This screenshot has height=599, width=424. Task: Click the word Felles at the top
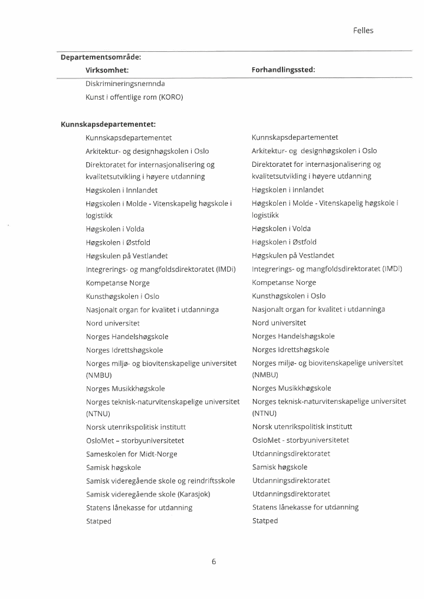click(363, 31)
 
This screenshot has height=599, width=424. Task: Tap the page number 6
click(213, 562)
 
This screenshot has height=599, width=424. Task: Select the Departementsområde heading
click(101, 57)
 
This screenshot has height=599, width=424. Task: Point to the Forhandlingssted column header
click(283, 70)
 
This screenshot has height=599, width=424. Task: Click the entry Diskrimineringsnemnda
click(125, 84)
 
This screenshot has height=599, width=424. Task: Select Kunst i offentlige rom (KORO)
click(134, 97)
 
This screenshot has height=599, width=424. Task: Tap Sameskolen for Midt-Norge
click(132, 454)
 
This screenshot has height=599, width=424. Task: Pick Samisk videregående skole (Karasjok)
click(148, 494)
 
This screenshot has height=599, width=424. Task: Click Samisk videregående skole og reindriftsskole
click(160, 480)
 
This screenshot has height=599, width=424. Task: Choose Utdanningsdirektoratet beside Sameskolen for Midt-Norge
click(291, 453)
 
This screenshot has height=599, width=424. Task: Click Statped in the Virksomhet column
click(98, 521)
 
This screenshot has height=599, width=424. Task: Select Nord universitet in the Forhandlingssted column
click(279, 323)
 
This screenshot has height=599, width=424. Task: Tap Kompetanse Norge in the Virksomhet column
click(117, 283)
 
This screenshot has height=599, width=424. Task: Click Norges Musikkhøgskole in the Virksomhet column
click(125, 389)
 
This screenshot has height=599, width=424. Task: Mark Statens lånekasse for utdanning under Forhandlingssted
click(305, 507)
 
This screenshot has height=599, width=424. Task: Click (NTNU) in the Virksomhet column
click(98, 414)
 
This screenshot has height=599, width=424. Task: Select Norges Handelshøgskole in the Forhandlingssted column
click(293, 336)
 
